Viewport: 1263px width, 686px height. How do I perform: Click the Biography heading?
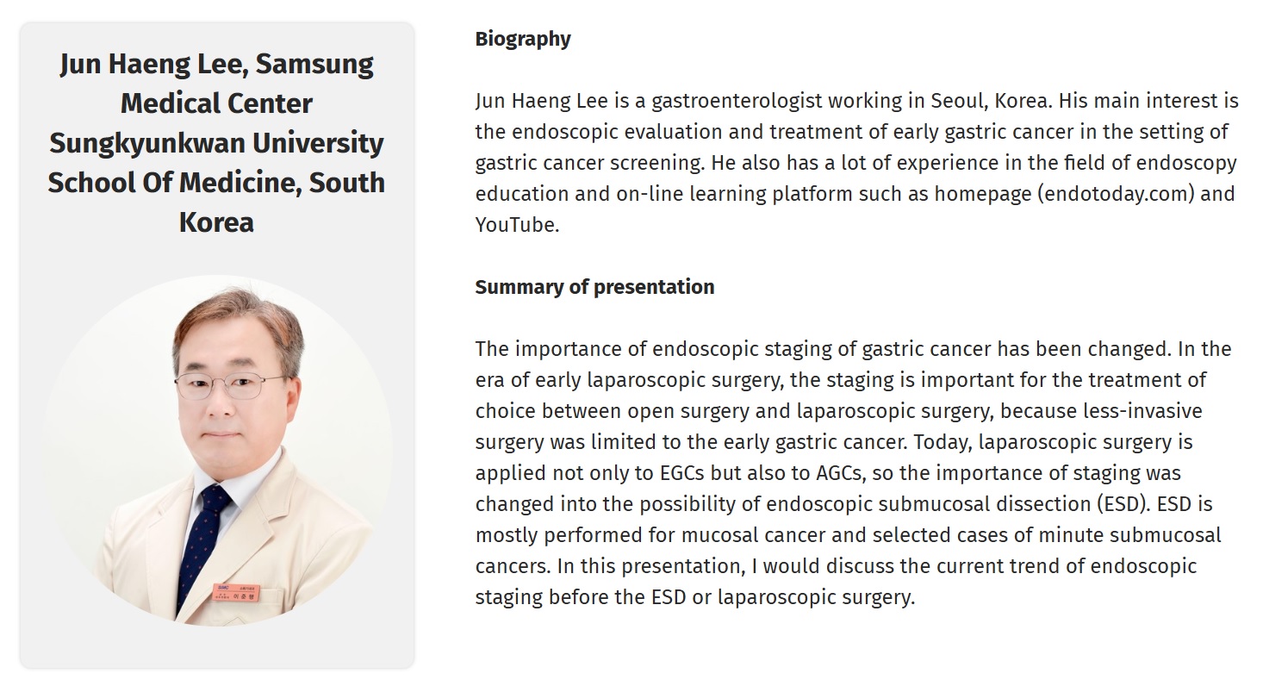pyautogui.click(x=523, y=39)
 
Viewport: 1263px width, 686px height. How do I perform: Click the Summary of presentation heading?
pyautogui.click(x=594, y=287)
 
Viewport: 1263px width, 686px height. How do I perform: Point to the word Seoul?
pyautogui.click(x=959, y=101)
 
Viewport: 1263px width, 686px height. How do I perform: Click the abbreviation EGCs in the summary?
pyautogui.click(x=681, y=473)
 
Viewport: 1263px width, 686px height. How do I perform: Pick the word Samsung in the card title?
pyautogui.click(x=314, y=65)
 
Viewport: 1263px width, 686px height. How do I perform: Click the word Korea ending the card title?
pyautogui.click(x=216, y=222)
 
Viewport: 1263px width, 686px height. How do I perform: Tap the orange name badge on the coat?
pyautogui.click(x=236, y=592)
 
